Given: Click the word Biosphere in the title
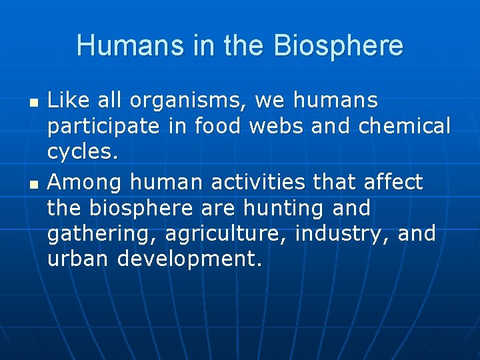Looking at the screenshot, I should pyautogui.click(x=337, y=47).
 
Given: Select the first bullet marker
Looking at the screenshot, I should pyautogui.click(x=33, y=104).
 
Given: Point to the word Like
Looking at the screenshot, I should pyautogui.click(x=65, y=101).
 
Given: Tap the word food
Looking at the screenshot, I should pyautogui.click(x=222, y=126).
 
